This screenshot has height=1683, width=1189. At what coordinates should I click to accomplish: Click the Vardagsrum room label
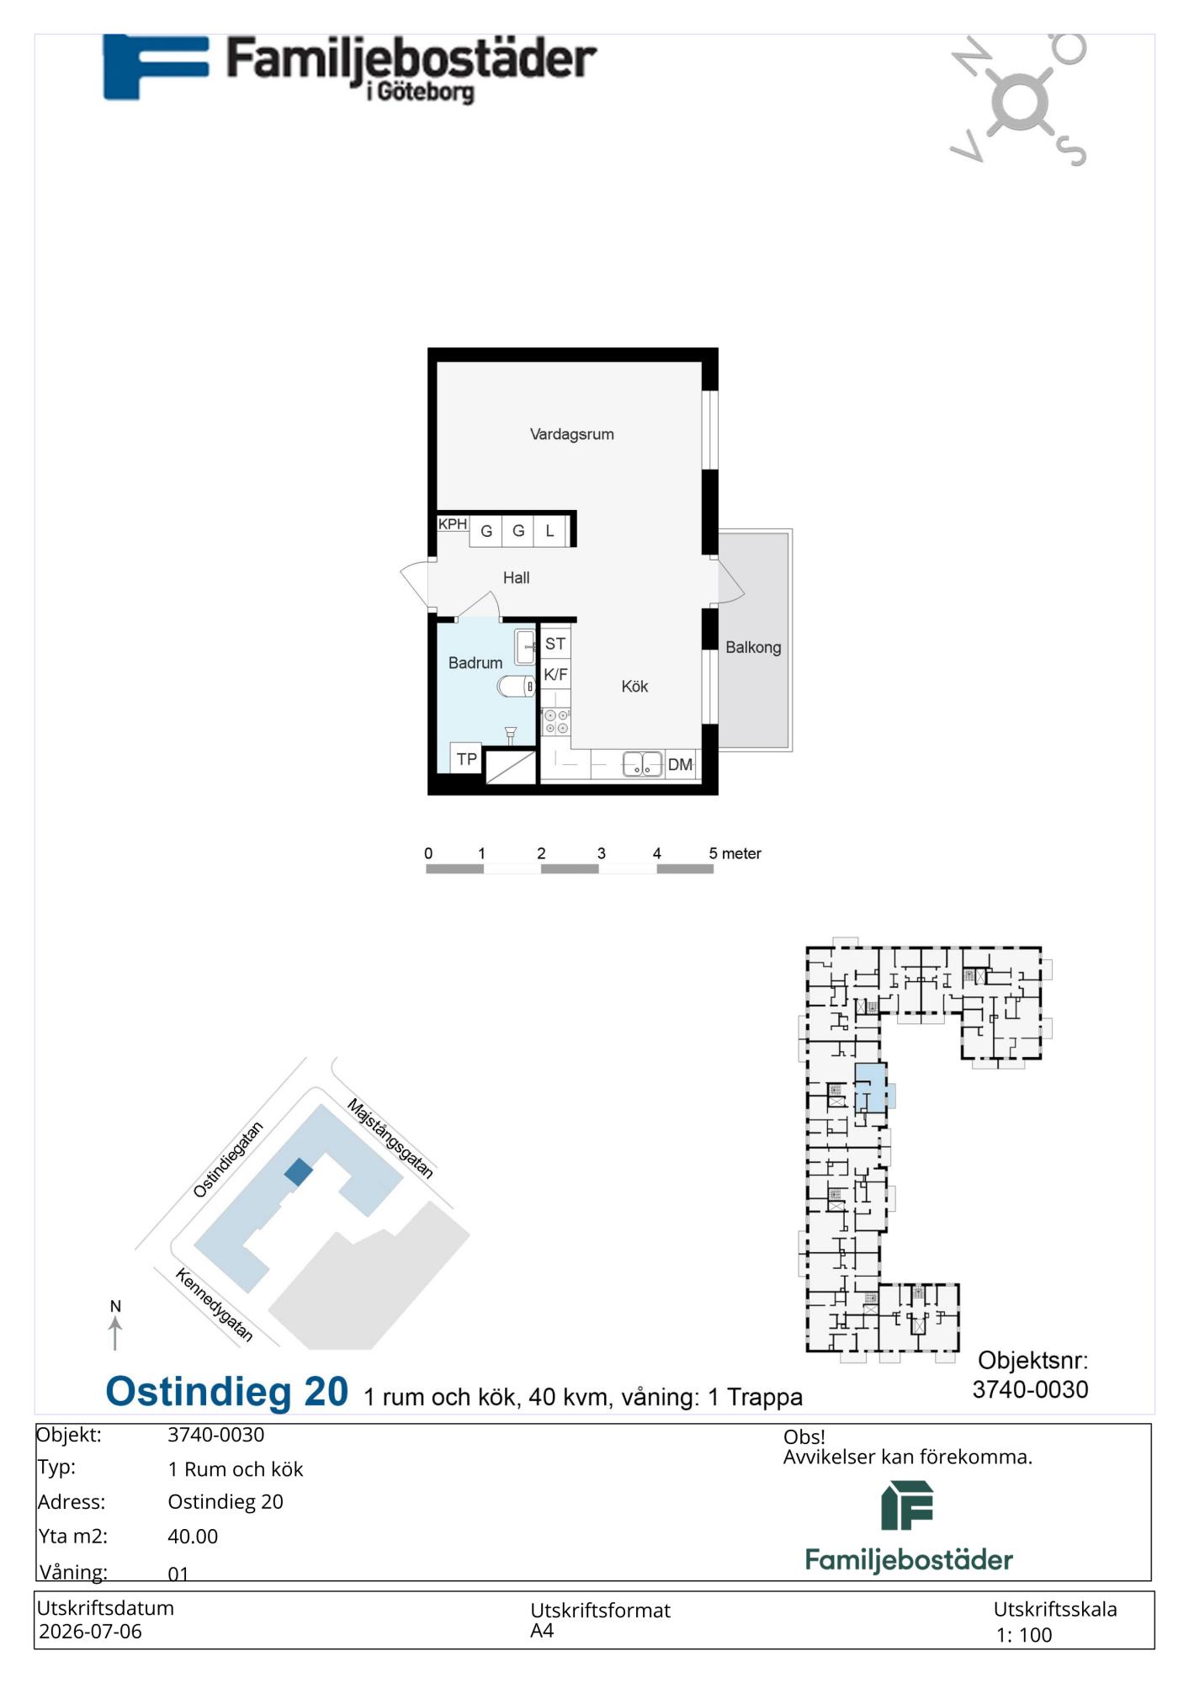coord(571,434)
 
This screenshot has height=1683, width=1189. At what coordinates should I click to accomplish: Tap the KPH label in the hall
coord(452,524)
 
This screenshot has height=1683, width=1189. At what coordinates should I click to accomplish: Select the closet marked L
coord(549,531)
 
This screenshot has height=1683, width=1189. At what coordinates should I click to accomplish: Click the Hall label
coord(516,577)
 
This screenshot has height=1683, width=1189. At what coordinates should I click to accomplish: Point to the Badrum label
coord(475,663)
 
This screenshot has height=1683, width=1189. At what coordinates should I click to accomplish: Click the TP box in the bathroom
coord(466,758)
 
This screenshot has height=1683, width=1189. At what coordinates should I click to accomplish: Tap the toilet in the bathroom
coord(516,687)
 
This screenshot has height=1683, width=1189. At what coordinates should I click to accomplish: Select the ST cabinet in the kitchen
coord(555,644)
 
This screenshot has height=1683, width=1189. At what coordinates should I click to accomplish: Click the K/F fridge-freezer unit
coord(555,674)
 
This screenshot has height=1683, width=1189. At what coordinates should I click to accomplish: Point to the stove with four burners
coord(556,721)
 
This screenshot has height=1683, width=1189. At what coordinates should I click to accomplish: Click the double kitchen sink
coord(642,765)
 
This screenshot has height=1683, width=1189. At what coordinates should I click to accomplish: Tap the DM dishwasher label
coord(680,765)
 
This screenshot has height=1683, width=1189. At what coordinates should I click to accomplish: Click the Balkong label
coord(753,647)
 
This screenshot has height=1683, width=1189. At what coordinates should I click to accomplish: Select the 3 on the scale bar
coord(601,853)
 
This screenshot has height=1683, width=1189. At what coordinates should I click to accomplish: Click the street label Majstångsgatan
coord(390,1139)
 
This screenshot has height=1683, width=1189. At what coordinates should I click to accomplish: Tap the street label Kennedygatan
coord(214,1305)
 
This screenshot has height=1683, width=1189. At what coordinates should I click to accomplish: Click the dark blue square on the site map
coord(298,1172)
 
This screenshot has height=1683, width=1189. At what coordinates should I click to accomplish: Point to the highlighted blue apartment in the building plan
coord(871,1088)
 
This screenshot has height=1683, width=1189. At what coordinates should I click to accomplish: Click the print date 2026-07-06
coord(90,1632)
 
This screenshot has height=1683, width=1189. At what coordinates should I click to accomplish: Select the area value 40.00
coord(193,1537)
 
